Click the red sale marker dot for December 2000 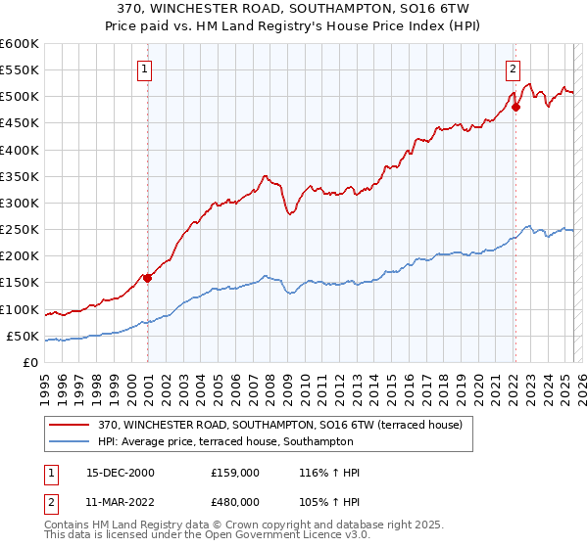pos(148,278)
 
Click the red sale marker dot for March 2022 pos(515,107)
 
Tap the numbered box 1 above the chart pos(144,68)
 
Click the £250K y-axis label pos(20,230)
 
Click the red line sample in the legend pos(70,425)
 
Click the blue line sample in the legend pos(70,441)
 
